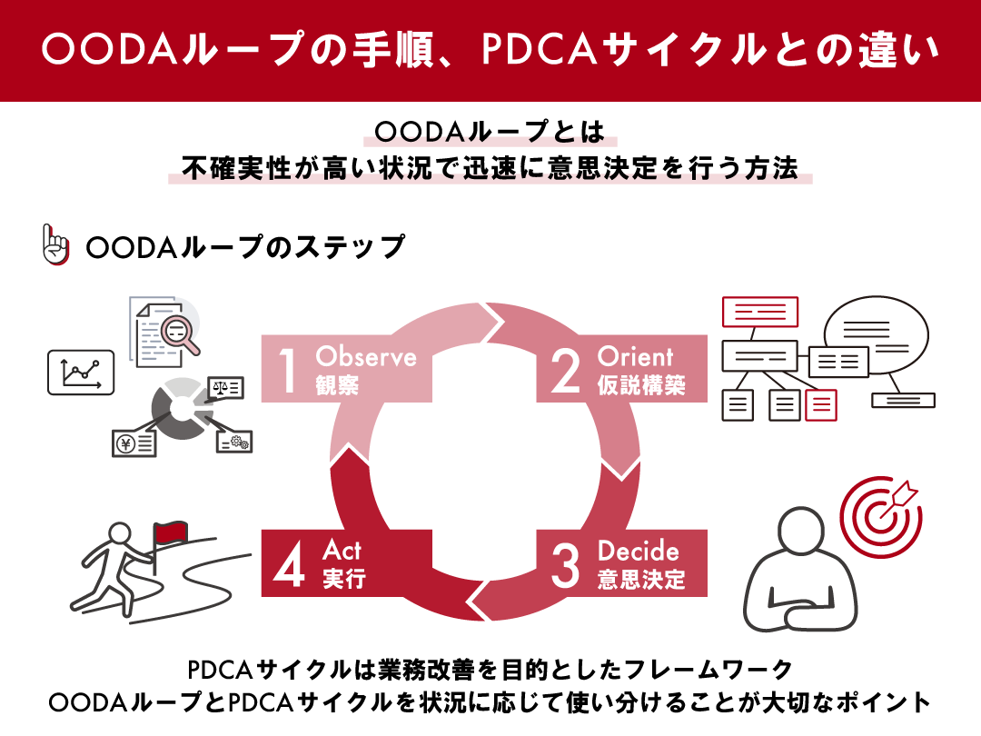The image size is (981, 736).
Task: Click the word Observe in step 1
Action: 365,356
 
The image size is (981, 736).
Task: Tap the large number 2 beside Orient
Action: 565,373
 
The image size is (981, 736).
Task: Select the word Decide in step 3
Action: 638,552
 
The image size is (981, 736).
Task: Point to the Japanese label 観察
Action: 337,385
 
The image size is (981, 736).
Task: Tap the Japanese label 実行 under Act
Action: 344,579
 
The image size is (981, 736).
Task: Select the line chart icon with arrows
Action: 81,372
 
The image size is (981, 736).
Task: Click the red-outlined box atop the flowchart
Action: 759,313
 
